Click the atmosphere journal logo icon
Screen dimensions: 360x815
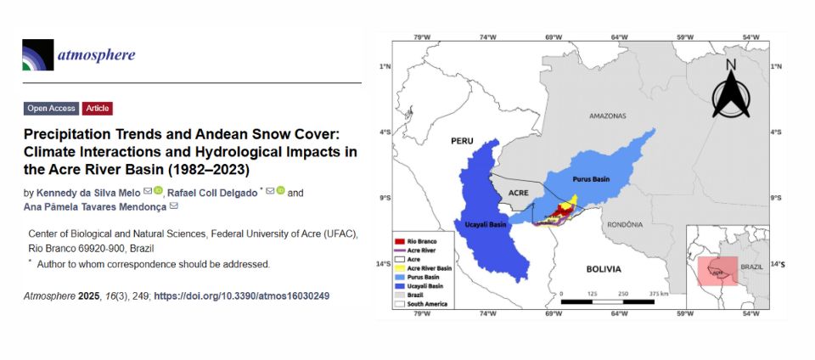click(37, 55)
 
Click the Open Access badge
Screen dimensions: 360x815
click(51, 109)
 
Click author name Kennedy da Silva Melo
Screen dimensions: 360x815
click(88, 193)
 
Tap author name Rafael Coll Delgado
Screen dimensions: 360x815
click(213, 193)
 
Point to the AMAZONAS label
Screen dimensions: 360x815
click(606, 115)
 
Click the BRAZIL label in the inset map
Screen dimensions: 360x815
click(751, 267)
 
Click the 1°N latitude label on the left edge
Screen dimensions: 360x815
click(384, 66)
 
